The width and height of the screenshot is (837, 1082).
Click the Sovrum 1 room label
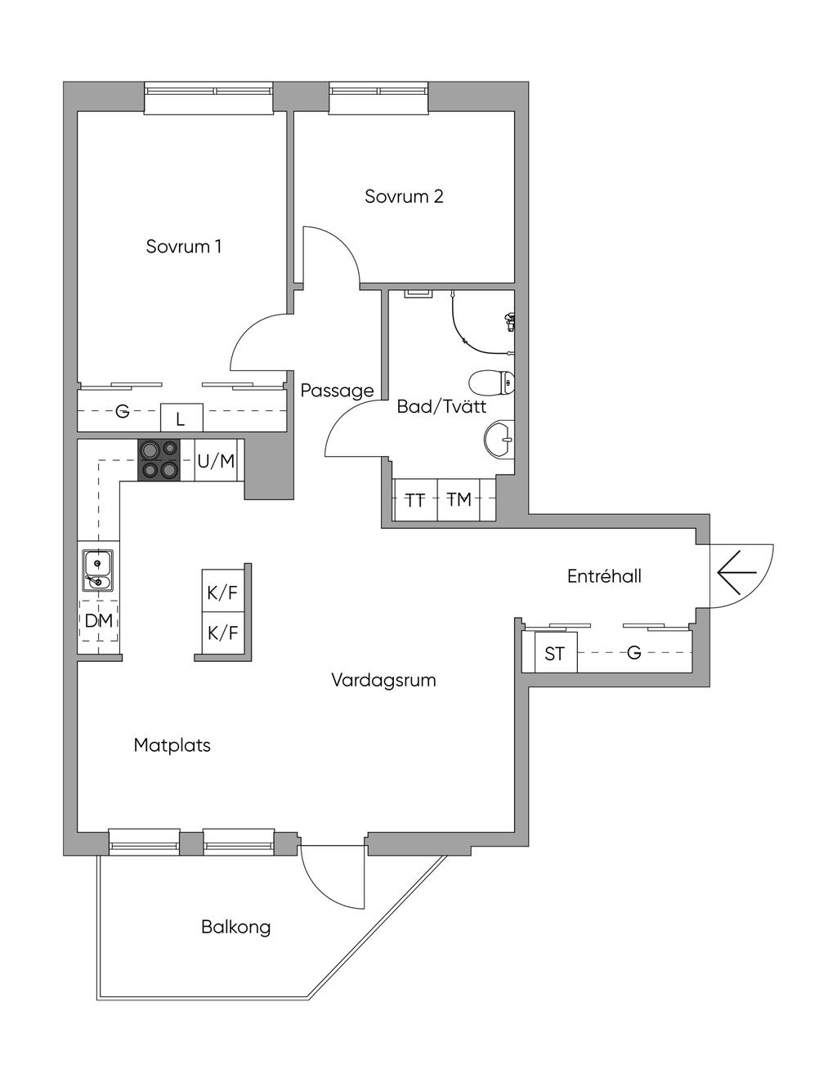pyautogui.click(x=183, y=246)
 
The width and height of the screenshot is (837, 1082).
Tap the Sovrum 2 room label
pyautogui.click(x=404, y=196)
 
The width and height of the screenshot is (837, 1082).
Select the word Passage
pyautogui.click(x=337, y=391)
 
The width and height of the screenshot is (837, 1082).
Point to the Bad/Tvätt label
pyautogui.click(x=441, y=406)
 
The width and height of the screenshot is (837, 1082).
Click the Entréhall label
pyautogui.click(x=604, y=576)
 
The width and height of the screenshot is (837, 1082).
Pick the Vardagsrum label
pyautogui.click(x=383, y=680)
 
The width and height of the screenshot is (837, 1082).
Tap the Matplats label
pyautogui.click(x=172, y=745)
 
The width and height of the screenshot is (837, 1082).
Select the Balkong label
pyautogui.click(x=235, y=927)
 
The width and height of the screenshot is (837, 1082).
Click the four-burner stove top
pyautogui.click(x=159, y=460)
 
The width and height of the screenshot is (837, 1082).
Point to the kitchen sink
pyautogui.click(x=97, y=570)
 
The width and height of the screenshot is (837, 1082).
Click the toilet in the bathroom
pyautogui.click(x=492, y=382)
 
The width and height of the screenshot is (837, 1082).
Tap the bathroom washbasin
pyautogui.click(x=499, y=440)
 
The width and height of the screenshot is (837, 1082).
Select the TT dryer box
pyautogui.click(x=415, y=499)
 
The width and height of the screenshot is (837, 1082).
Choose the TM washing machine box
pyautogui.click(x=459, y=499)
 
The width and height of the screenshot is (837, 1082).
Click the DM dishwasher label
pyautogui.click(x=98, y=621)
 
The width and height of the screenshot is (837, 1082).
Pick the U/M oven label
pyautogui.click(x=216, y=461)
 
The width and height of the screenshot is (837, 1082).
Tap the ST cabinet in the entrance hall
pyautogui.click(x=555, y=654)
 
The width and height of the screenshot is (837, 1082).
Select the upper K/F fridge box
pyautogui.click(x=222, y=592)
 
